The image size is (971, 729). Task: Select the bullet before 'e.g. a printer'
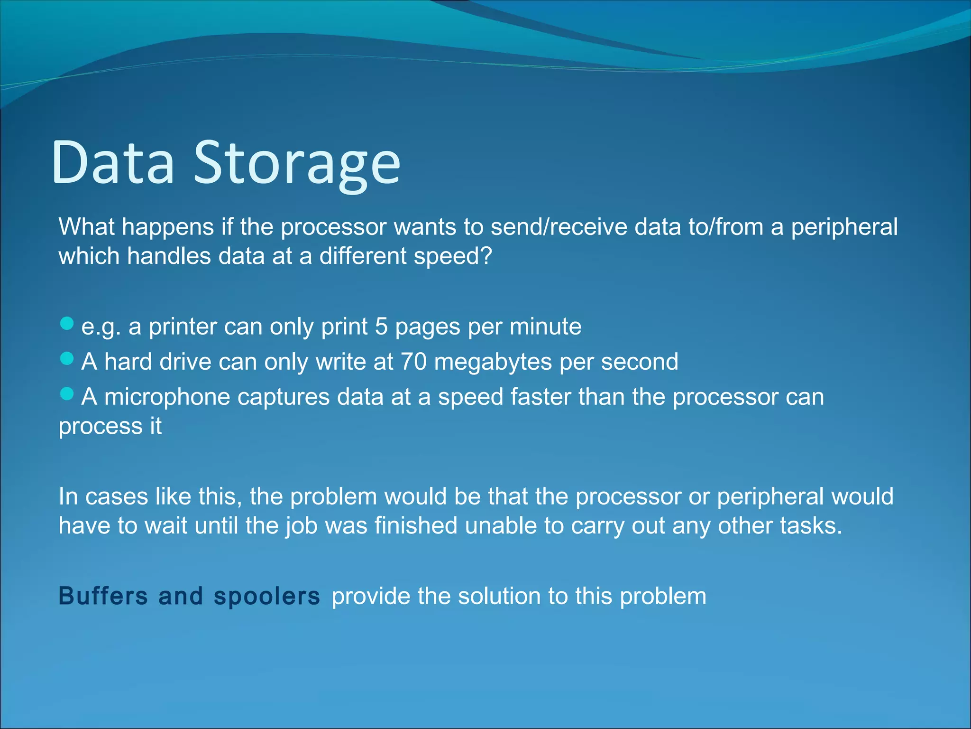tap(67, 324)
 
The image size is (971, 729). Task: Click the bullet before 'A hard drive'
tap(67, 359)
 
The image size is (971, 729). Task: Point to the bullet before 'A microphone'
tap(67, 394)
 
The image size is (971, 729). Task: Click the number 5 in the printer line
tap(381, 327)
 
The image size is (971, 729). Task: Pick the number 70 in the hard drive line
tap(413, 362)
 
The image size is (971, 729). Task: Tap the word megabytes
tap(493, 363)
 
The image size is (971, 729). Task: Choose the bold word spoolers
tap(266, 597)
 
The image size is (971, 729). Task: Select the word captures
tap(283, 397)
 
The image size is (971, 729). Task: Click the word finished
tap(416, 526)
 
